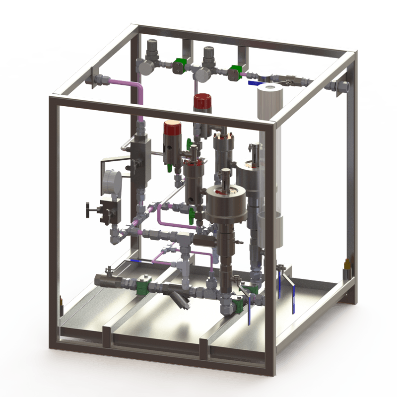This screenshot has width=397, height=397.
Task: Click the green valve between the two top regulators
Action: tap(179, 65)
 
